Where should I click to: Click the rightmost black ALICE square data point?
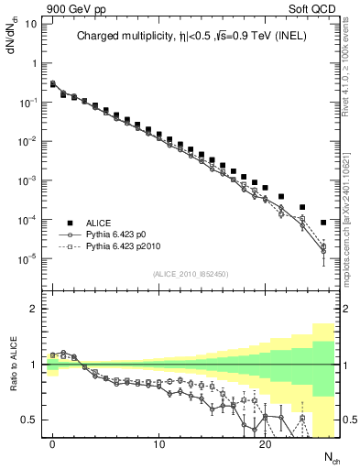[x=323, y=223]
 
